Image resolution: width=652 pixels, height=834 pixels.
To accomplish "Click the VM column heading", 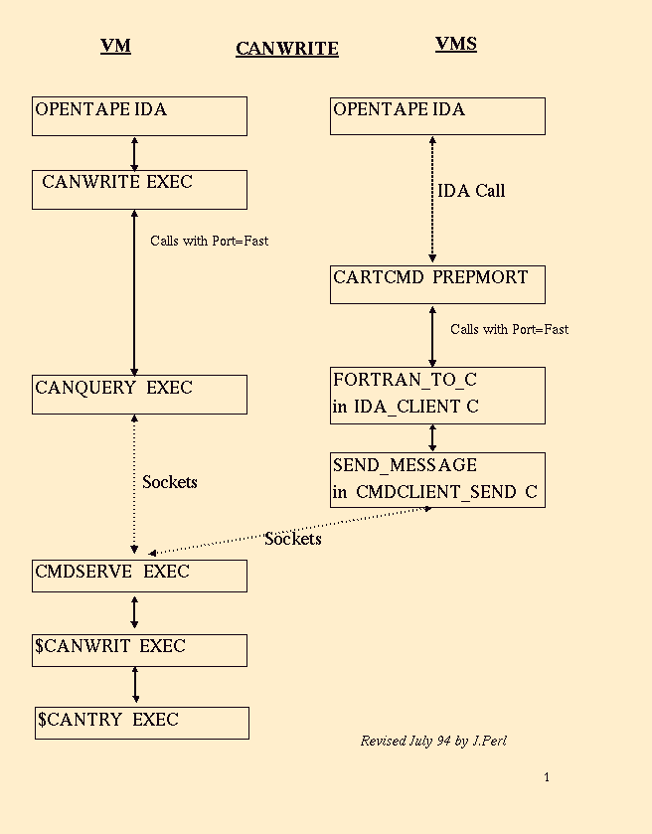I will (115, 46).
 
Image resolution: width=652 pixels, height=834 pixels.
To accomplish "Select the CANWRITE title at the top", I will (287, 49).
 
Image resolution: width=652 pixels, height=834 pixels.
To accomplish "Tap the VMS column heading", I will (455, 44).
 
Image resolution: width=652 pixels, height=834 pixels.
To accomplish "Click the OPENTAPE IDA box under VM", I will (139, 115).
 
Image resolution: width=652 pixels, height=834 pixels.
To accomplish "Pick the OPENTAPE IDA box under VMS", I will (437, 115).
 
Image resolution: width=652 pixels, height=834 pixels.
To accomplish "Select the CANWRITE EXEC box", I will (139, 189).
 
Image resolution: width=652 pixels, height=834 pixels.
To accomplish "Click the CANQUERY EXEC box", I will (139, 394).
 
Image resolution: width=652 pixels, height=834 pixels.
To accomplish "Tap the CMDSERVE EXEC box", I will (139, 576).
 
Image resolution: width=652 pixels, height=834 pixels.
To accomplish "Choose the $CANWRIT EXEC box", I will (139, 650).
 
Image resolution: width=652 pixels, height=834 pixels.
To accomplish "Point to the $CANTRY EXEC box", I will (141, 723).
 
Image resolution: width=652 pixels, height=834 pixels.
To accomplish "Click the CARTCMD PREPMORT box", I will (437, 284).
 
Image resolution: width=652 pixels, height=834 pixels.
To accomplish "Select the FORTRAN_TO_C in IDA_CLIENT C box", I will (437, 395).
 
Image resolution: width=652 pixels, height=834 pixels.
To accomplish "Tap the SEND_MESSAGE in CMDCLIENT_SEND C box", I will (437, 480).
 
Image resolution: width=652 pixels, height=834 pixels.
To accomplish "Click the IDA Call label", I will (471, 191).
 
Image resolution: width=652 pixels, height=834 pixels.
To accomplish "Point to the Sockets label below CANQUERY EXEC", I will (170, 482).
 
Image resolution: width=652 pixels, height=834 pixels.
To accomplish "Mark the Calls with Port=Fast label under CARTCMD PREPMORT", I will (509, 329).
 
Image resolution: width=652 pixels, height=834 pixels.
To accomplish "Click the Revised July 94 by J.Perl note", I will (433, 741).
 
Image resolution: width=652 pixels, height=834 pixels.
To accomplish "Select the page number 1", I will (547, 777).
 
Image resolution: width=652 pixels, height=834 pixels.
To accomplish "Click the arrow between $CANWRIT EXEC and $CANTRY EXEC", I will (135, 686).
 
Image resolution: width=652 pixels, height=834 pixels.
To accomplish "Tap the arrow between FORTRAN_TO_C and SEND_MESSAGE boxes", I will (432, 437).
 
